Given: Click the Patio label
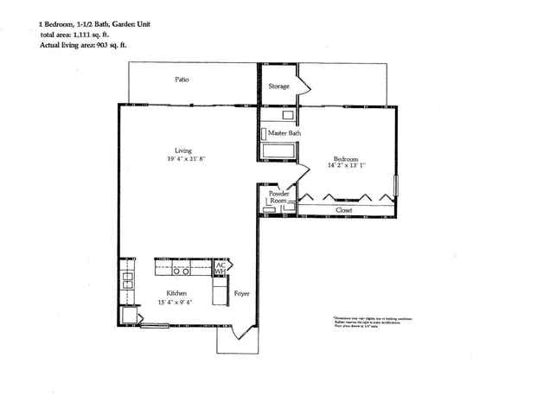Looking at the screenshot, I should pos(182,80).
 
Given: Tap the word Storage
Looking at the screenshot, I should pos(278,86).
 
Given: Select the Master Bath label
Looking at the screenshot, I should pos(284,134).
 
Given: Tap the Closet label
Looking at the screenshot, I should pos(344,210).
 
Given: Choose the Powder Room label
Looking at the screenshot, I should pos(278,197).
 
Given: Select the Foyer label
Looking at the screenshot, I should pos(242,295).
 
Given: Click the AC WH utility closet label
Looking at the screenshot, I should pos(219,268).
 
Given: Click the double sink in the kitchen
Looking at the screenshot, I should pos(127,278).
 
